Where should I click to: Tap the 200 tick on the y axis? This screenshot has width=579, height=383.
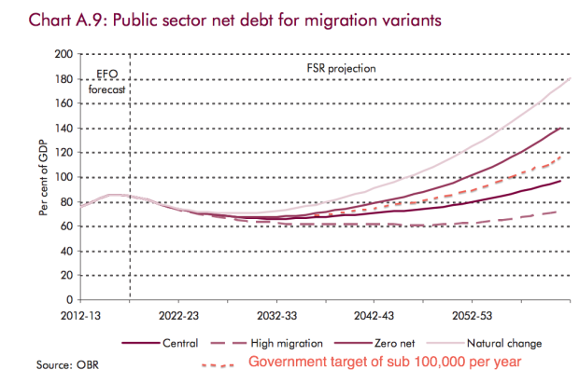coord(58,54)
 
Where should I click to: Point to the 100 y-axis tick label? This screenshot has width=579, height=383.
coord(58,177)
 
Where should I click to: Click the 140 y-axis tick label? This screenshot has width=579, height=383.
coord(58,128)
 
